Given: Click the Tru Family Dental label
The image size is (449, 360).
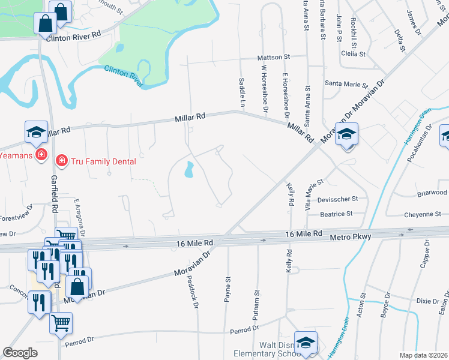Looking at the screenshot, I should coord(103,161).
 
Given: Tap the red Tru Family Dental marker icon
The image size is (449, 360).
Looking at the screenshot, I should coord(61,160).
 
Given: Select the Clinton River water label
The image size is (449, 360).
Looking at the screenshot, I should coord(124,76).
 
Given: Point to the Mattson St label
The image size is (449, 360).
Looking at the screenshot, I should coord(273,57).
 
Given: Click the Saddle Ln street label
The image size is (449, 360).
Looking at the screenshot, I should coord(243,92).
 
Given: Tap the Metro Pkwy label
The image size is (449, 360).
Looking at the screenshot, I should coord(351,238).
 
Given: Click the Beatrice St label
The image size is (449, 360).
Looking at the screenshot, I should coord(336,213).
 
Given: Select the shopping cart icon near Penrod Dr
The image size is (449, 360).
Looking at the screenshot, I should coord(61,323).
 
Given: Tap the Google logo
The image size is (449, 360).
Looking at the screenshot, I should coord(20,353).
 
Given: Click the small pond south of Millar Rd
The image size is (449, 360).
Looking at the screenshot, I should coord(190,170).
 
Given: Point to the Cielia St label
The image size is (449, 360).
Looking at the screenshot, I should coord(353,53).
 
